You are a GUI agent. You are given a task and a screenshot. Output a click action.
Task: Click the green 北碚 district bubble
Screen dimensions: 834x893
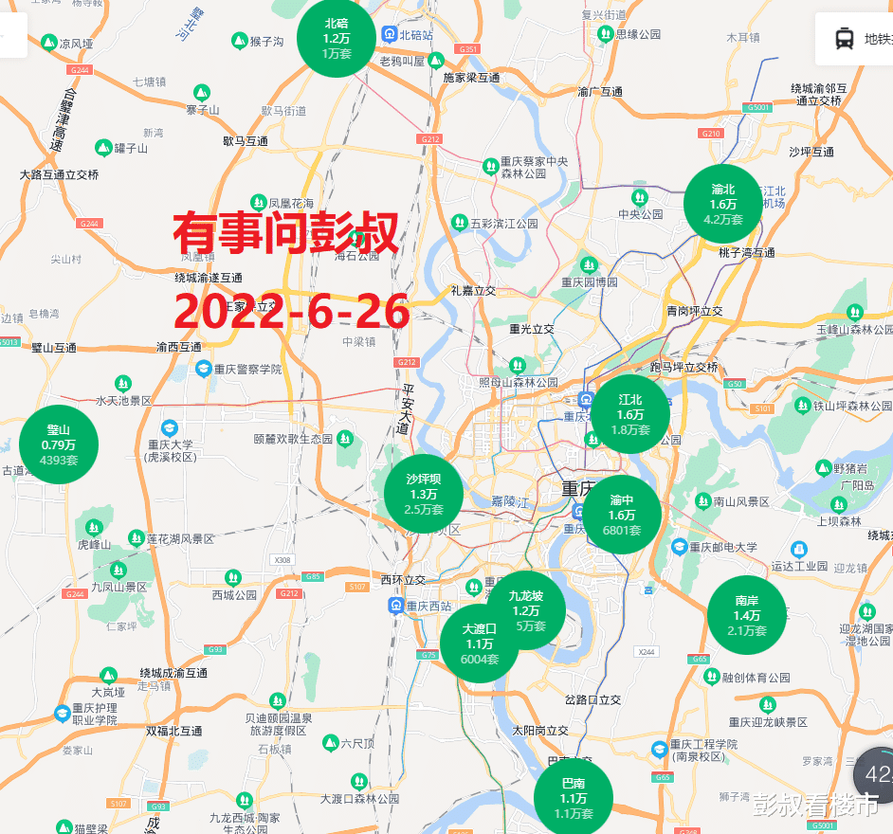click(337, 39)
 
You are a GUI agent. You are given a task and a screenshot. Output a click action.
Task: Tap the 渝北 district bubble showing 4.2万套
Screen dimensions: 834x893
click(723, 205)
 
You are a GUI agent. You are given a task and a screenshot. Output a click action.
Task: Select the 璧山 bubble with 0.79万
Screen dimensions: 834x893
click(59, 444)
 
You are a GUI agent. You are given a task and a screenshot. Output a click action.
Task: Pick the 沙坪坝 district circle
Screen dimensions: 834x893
click(424, 494)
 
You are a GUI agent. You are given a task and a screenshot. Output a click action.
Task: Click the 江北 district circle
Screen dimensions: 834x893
click(630, 414)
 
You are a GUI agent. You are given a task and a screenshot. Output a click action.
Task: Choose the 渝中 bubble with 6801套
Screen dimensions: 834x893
click(622, 515)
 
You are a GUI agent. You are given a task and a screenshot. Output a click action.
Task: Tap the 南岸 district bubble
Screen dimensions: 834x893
click(747, 615)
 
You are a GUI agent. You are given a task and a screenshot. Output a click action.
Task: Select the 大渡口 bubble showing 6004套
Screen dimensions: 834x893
click(480, 644)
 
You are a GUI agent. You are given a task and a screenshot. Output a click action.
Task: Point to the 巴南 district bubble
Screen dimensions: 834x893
click(574, 798)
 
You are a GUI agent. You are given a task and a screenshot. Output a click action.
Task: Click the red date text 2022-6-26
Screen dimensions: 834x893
click(292, 311)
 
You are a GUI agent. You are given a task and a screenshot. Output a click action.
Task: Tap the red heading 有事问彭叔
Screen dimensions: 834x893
click(286, 233)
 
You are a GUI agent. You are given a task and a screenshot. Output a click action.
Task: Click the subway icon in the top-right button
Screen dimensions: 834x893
click(843, 39)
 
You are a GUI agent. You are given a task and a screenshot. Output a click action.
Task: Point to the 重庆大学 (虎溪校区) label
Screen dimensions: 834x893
click(170, 450)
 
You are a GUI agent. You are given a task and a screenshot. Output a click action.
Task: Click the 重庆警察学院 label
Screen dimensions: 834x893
click(245, 368)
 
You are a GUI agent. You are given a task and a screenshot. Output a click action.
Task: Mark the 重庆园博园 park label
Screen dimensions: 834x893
click(589, 281)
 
